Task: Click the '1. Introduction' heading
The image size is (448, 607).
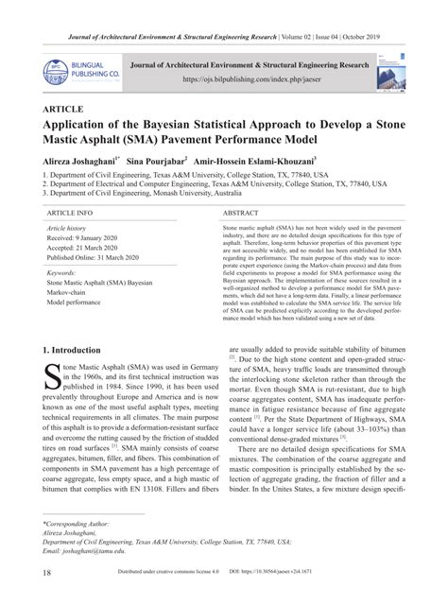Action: coord(77,349)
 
